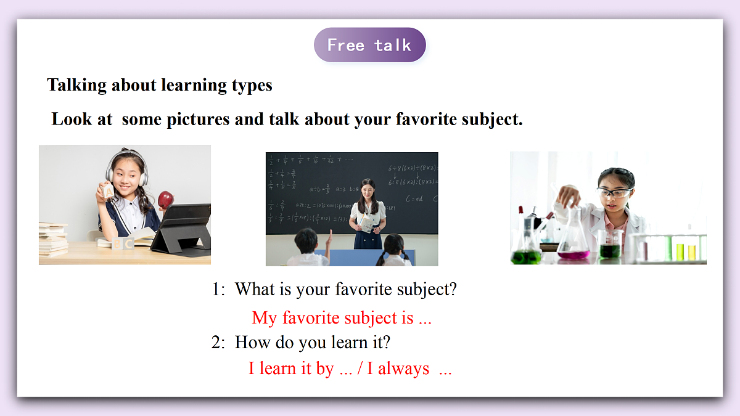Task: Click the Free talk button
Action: [x=369, y=45]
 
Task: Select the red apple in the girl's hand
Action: [x=165, y=199]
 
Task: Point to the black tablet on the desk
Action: [x=183, y=228]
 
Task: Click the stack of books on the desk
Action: [x=53, y=240]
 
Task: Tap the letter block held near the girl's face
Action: [x=109, y=192]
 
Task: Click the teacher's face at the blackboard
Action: [x=368, y=187]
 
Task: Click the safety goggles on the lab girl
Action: [x=613, y=193]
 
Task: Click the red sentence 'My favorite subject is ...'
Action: [x=342, y=318]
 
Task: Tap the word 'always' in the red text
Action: [x=403, y=369]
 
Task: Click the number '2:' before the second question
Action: [x=218, y=342]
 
